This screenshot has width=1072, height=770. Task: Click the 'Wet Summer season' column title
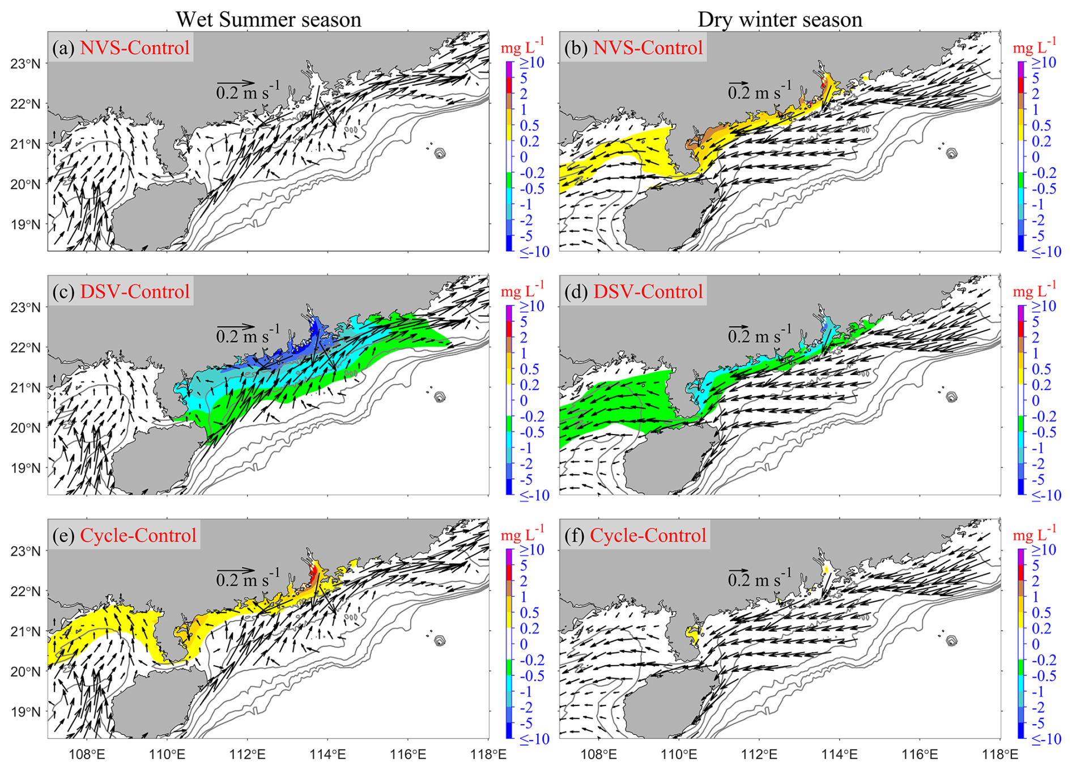click(268, 19)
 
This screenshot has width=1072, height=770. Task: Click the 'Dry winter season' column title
click(780, 19)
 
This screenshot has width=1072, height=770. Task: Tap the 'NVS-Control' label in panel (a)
click(135, 48)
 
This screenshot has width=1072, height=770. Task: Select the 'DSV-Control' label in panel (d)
click(648, 291)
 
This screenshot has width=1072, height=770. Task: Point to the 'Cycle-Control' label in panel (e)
click(138, 535)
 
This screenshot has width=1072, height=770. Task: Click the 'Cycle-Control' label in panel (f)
click(648, 535)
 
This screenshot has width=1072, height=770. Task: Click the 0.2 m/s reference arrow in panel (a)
click(236, 84)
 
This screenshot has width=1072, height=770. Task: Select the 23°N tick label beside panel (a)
click(25, 63)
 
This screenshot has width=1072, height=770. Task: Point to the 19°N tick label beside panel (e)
click(25, 712)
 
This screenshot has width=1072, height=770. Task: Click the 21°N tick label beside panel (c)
click(25, 388)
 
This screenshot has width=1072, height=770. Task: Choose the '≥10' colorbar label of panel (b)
click(1043, 62)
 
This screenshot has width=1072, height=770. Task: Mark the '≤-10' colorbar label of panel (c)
click(534, 495)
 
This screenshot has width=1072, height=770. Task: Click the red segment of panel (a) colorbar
click(509, 86)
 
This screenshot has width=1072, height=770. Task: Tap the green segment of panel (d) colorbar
click(1022, 424)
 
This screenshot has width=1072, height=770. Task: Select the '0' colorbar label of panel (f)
click(1036, 644)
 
